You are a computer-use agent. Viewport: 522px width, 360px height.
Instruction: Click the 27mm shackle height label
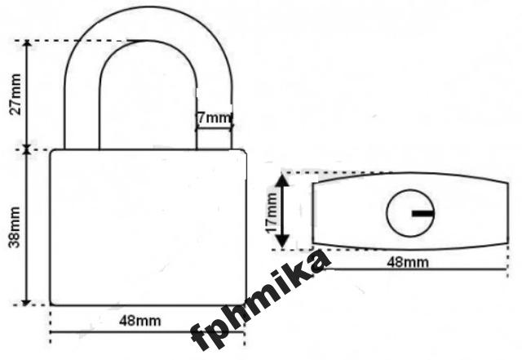15,95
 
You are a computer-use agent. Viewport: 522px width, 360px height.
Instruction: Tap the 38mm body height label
15,227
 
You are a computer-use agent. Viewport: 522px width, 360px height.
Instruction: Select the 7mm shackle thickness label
214,118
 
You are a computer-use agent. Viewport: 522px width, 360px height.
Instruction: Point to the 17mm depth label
272,213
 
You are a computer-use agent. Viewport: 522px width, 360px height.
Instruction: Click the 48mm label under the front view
139,321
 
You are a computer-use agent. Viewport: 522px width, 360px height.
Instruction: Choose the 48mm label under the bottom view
408,262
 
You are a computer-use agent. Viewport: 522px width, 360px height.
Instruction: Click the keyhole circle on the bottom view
410,213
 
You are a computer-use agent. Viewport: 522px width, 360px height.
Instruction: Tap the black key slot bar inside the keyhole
423,213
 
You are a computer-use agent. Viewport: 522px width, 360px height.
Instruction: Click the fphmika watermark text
260,300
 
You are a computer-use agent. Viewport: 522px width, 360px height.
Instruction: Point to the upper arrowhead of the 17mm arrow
283,180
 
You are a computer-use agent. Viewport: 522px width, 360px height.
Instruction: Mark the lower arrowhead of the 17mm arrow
283,242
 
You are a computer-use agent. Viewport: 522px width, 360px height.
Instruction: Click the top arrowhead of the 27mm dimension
27,44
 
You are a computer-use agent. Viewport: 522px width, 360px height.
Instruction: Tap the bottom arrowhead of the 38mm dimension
26,302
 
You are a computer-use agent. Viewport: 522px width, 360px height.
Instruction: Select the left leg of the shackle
82,110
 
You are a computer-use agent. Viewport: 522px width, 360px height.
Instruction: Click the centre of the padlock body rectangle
148,227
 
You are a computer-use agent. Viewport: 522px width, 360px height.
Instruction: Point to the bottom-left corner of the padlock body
51,305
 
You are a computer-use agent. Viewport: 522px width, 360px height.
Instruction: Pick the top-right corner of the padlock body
246,150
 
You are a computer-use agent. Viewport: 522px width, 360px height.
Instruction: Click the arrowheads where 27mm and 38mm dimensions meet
27,149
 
